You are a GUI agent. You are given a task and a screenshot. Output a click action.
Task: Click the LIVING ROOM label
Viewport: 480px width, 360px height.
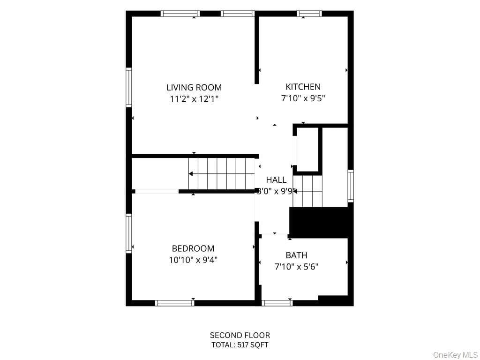click(194, 88)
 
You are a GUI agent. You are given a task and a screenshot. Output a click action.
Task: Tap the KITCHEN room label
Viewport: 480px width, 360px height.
click(303, 87)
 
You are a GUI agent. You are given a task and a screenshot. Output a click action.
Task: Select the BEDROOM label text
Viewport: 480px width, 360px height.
click(193, 248)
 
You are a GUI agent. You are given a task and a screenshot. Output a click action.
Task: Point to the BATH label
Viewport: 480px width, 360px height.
click(296, 255)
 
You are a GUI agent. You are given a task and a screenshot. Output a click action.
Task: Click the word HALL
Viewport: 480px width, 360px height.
click(276, 180)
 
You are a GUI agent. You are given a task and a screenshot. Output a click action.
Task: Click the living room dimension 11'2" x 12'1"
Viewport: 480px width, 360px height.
click(194, 99)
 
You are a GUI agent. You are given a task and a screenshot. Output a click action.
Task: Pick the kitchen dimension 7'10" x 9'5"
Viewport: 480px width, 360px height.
click(303, 98)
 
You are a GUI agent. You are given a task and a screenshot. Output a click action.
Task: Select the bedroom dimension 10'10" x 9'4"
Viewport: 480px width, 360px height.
click(193, 260)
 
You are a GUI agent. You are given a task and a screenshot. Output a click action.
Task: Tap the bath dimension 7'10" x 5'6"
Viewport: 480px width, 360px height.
click(296, 267)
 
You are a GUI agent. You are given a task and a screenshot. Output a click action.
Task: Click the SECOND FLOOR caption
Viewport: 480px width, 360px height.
click(240, 335)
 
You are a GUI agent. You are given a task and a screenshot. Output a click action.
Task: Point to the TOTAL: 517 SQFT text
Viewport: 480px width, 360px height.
click(240, 345)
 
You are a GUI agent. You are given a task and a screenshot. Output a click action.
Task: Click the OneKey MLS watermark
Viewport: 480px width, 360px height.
click(456, 355)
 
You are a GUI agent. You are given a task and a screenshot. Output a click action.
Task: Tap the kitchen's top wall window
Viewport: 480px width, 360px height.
click(309, 14)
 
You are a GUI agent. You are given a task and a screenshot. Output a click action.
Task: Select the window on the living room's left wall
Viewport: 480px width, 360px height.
click(129, 88)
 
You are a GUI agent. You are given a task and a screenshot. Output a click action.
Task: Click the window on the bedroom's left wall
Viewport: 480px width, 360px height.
click(129, 233)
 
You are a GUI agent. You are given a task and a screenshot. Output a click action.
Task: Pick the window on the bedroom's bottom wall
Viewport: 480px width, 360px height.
click(175, 303)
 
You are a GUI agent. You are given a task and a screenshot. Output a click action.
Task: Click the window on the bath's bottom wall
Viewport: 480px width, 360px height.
click(277, 303)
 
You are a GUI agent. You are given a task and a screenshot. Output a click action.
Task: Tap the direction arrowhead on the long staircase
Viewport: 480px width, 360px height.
click(191, 174)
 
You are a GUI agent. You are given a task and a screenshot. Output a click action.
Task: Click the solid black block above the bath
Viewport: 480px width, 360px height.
click(319, 223)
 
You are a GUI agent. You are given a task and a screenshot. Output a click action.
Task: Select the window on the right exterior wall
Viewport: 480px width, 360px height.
click(351, 186)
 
